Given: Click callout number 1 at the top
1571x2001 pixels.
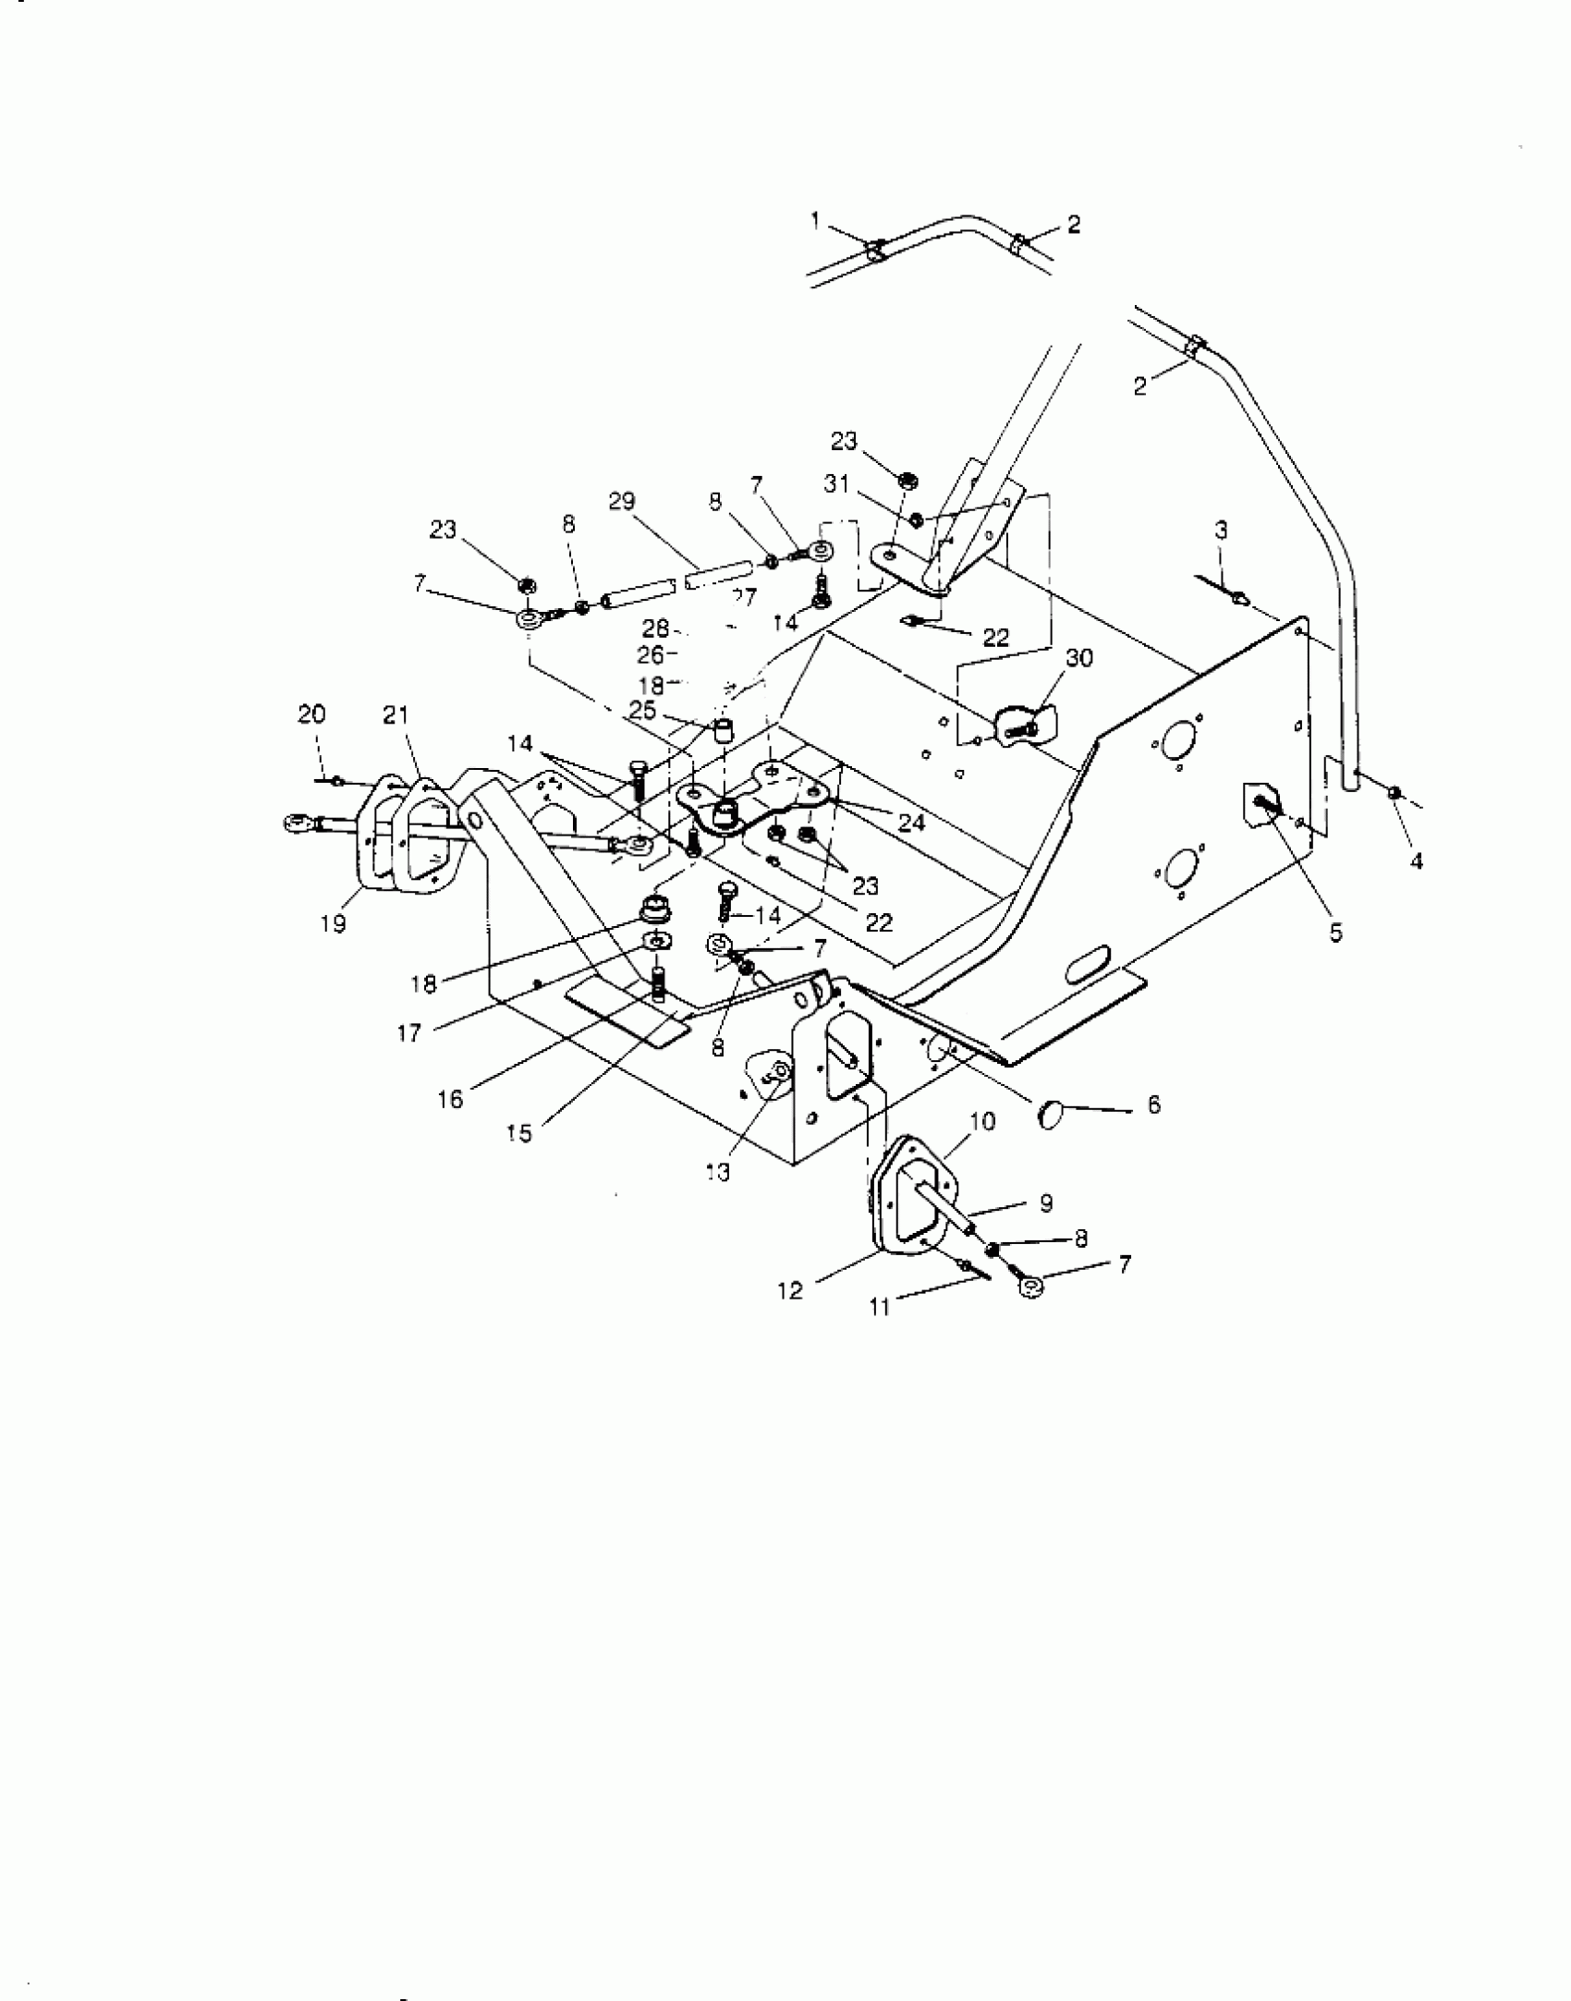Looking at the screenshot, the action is [x=815, y=220].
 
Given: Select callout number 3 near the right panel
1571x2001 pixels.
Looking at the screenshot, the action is [x=1221, y=531].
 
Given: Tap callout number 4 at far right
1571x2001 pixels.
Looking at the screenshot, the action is [x=1416, y=861].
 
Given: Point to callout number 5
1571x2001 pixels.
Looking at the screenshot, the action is [x=1334, y=933].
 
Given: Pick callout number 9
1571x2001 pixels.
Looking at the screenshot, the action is [x=1046, y=1202].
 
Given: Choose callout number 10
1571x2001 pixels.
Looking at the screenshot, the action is [x=982, y=1122].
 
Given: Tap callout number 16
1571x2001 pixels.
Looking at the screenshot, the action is [x=450, y=1102].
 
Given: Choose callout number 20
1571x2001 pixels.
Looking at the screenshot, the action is [x=311, y=714].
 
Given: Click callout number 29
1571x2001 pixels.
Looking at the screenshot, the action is [x=622, y=502].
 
